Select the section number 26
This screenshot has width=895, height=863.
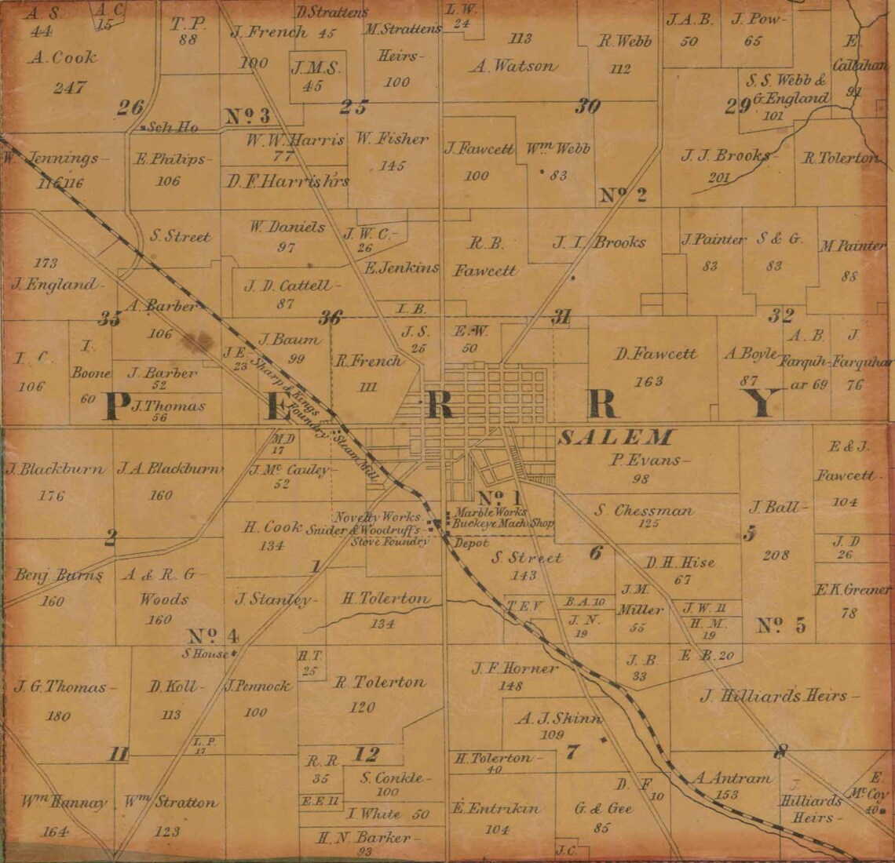(130, 108)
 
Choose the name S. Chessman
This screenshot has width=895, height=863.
(644, 511)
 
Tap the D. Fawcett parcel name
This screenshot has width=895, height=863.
(656, 354)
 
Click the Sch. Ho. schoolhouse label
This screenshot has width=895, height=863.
(172, 127)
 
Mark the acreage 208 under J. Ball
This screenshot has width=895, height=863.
(776, 555)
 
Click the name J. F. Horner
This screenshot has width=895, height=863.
(515, 669)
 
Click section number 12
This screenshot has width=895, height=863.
(367, 755)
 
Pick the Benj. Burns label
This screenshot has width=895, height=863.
(59, 576)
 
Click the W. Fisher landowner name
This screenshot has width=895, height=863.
(392, 140)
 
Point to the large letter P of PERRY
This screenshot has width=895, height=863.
(116, 406)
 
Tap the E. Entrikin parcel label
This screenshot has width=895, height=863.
(495, 808)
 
